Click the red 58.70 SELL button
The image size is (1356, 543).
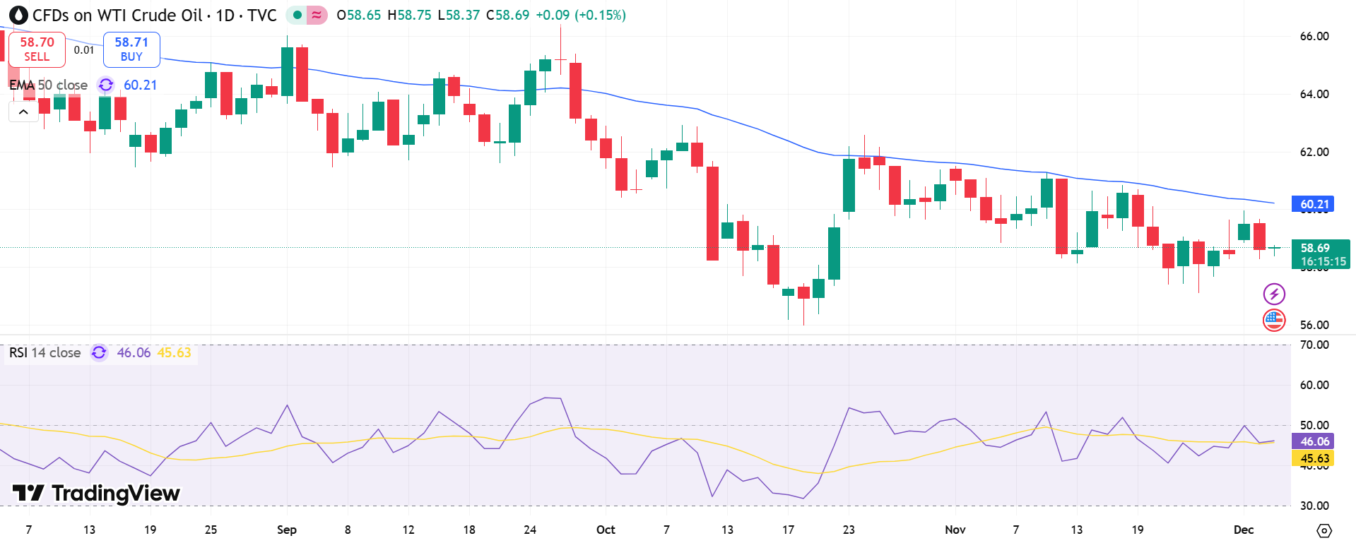pyautogui.click(x=37, y=49)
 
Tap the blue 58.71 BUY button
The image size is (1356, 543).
pyautogui.click(x=131, y=49)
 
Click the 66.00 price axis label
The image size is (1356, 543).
pyautogui.click(x=1314, y=36)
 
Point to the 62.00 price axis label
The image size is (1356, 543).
pyautogui.click(x=1314, y=152)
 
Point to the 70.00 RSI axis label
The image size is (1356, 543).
pyautogui.click(x=1314, y=345)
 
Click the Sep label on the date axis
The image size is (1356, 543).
pyautogui.click(x=286, y=530)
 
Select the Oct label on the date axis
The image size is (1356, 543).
pyautogui.click(x=606, y=530)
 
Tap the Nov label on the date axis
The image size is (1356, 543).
pyautogui.click(x=955, y=530)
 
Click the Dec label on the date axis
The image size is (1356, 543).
pyautogui.click(x=1243, y=530)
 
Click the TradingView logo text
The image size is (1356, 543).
pyautogui.click(x=97, y=493)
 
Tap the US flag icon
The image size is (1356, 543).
pyautogui.click(x=1273, y=320)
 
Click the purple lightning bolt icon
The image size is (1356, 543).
pyautogui.click(x=1273, y=294)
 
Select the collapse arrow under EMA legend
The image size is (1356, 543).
pyautogui.click(x=23, y=112)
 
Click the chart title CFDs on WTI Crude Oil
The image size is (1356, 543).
pyautogui.click(x=117, y=15)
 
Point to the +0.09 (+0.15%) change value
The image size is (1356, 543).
pyautogui.click(x=580, y=15)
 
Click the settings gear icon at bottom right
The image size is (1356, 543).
pyautogui.click(x=1324, y=530)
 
